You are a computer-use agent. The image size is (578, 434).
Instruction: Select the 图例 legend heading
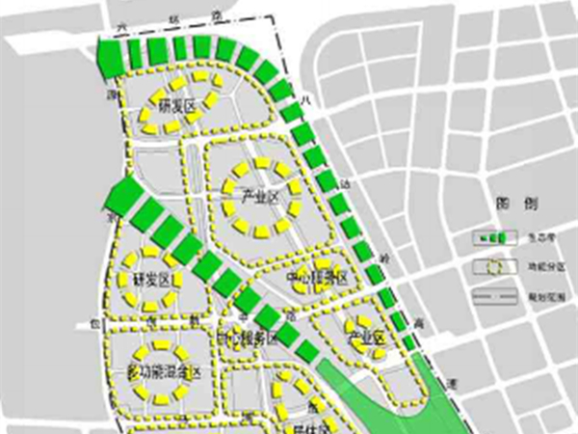coord(509,203)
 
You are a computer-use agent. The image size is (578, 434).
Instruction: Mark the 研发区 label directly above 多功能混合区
coord(149,279)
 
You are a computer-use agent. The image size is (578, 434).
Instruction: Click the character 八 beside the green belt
coord(305,99)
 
